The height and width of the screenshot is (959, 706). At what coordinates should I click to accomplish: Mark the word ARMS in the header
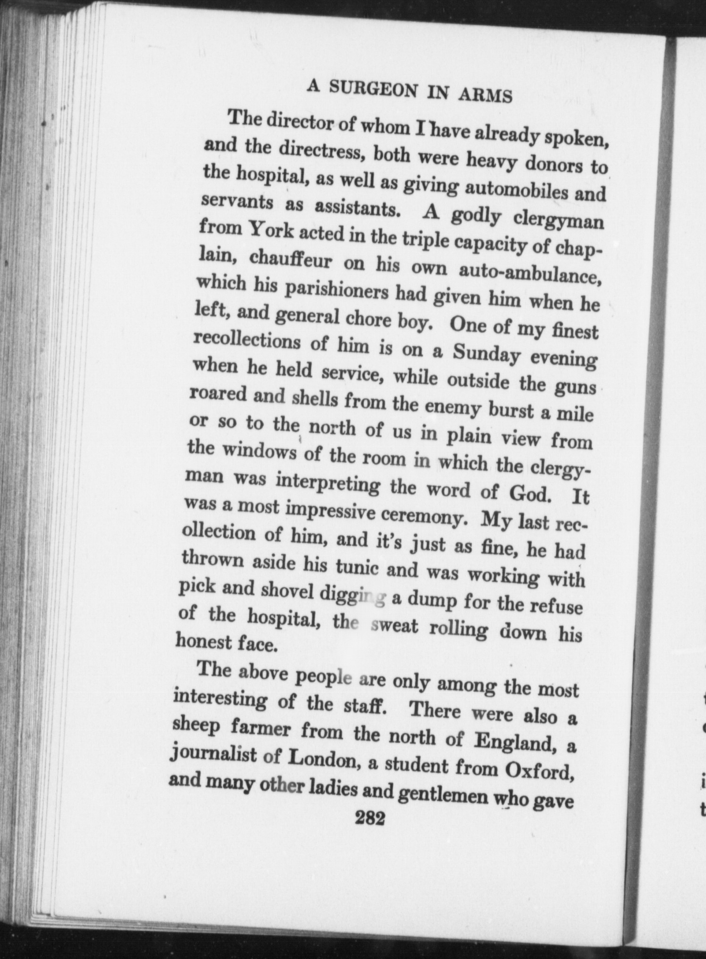point(485,94)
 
